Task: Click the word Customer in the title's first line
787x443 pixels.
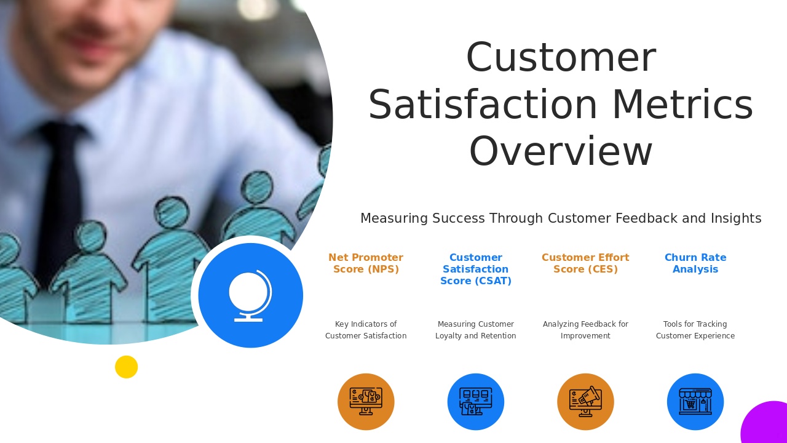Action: point(561,58)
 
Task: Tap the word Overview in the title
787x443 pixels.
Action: point(561,152)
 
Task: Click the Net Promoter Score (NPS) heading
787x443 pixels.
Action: point(366,263)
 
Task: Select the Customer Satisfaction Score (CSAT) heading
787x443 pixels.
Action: point(476,269)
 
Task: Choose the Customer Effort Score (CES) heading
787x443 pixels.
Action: point(585,263)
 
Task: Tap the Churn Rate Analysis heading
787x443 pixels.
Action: point(695,263)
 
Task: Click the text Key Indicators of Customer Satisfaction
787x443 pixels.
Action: point(366,330)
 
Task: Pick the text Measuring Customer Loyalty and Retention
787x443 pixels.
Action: point(476,330)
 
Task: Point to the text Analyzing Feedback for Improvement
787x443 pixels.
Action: point(585,330)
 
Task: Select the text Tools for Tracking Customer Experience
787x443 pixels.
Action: point(695,330)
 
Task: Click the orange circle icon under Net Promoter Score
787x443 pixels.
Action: point(366,402)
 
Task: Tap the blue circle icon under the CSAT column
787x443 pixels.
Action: point(476,402)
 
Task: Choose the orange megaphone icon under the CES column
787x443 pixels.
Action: point(585,402)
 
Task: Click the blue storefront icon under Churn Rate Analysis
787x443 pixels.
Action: point(695,402)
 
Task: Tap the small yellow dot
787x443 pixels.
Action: point(127,367)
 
